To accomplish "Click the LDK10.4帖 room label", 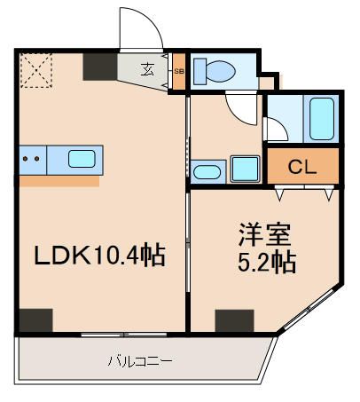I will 98,256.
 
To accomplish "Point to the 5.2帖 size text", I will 265,264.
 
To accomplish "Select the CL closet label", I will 302,166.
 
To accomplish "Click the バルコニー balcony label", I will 139,361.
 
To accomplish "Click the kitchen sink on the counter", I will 82,160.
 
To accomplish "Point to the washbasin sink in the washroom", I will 207,170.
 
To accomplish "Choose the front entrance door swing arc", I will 142,31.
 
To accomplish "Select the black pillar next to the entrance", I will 99,66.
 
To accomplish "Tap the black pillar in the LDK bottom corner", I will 36,319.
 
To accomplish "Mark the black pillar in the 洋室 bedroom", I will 234,319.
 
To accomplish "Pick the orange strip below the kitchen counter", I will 59,180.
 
